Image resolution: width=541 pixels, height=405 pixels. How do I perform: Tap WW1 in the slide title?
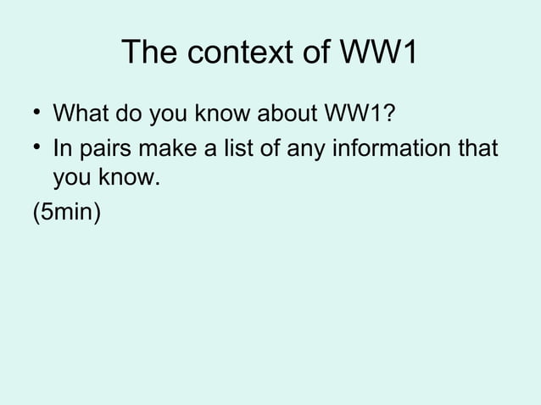pos(378,53)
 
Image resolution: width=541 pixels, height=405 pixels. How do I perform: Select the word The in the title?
pos(150,53)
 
